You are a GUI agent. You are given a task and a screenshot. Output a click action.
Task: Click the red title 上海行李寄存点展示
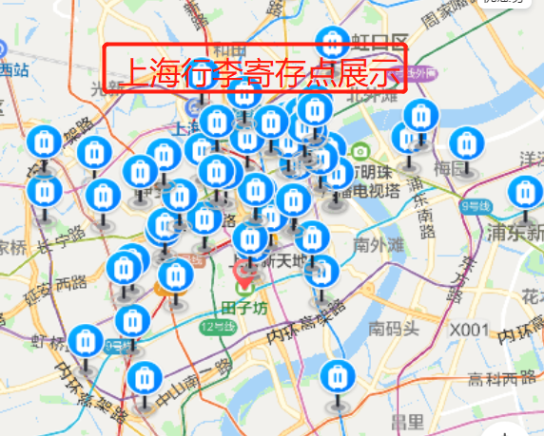coord(255,70)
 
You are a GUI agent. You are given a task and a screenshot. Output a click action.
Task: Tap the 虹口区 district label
coord(379,41)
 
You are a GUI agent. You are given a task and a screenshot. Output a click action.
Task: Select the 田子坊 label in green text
coord(244,308)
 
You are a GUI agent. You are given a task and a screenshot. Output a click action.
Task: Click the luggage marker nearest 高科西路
coord(335,377)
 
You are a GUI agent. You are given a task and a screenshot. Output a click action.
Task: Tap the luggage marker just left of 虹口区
coord(332,43)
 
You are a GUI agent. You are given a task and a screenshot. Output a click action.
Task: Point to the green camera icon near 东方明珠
coord(360,151)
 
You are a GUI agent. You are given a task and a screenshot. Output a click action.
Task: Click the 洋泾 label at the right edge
coord(531,158)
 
